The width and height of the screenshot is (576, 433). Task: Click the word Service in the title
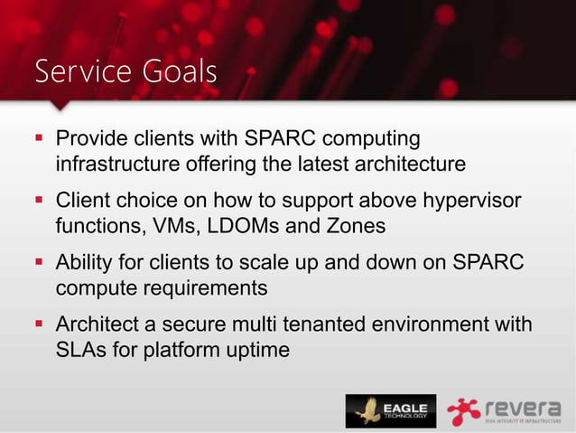(x=79, y=71)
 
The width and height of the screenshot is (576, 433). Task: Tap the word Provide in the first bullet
(x=88, y=140)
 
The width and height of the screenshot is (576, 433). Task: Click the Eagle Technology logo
(x=390, y=410)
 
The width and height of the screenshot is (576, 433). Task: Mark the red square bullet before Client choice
(x=39, y=201)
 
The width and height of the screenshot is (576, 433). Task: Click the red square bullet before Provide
(x=39, y=141)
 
